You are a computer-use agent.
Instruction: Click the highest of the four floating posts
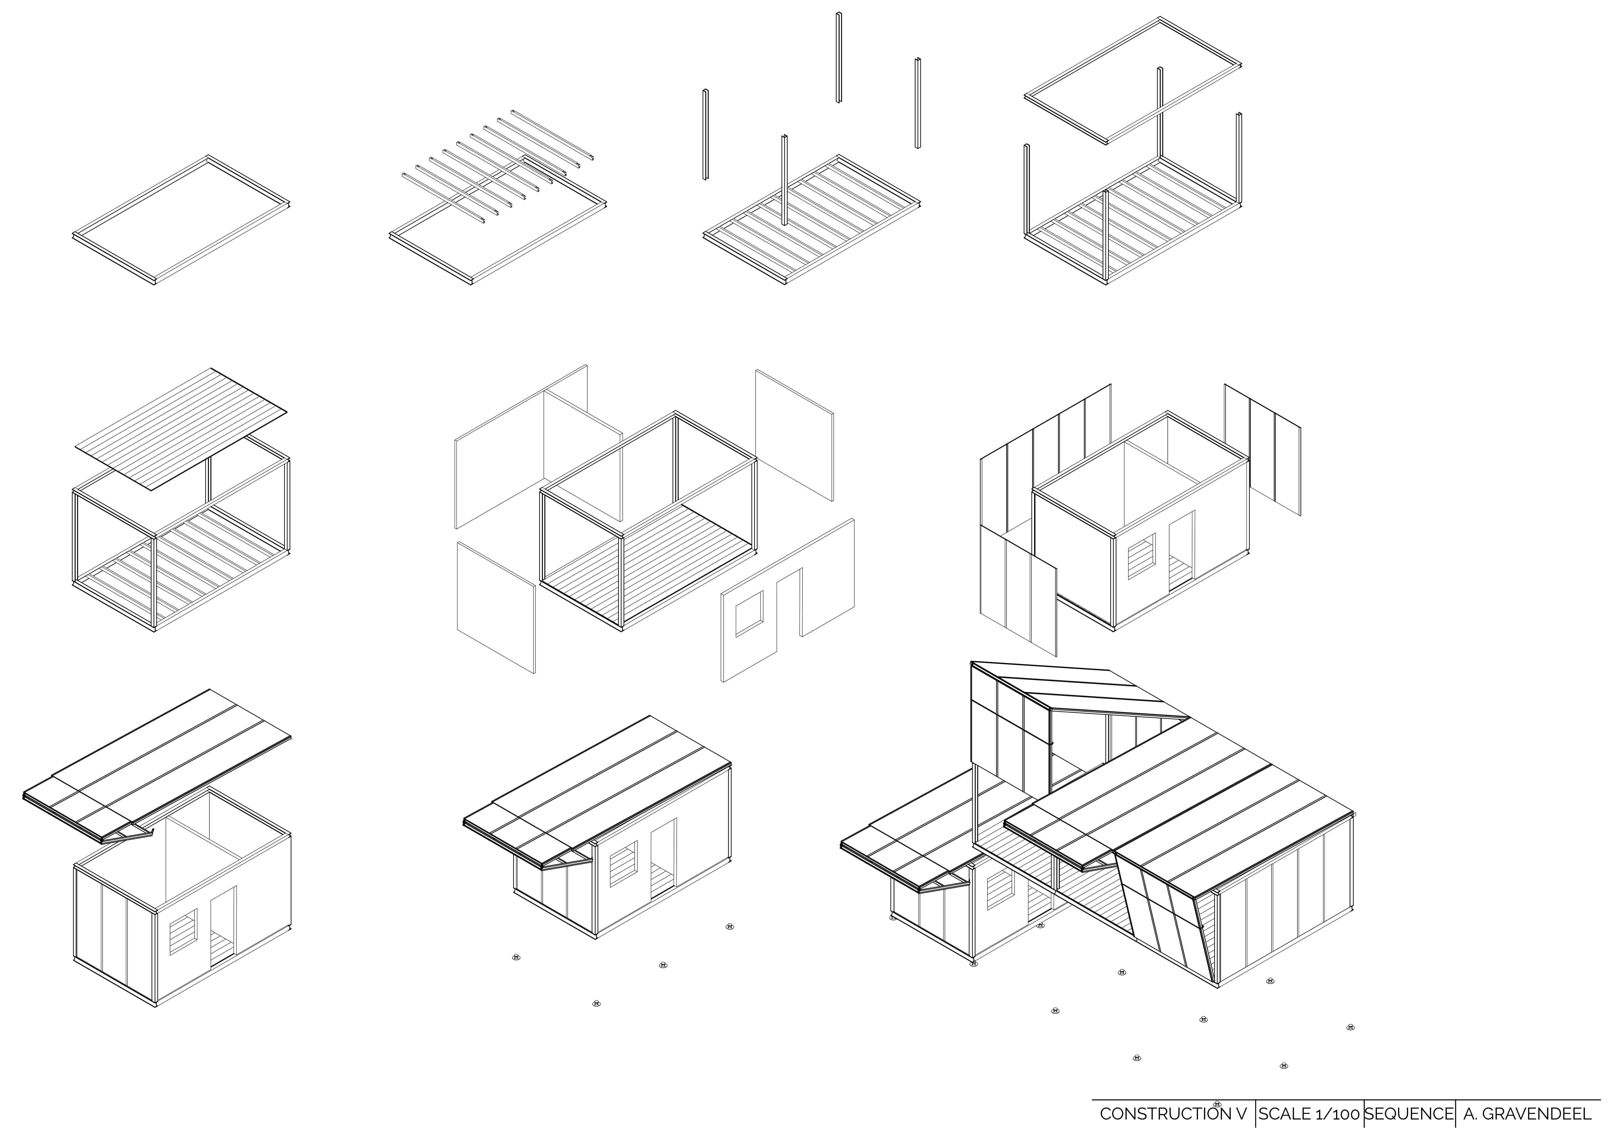click(839, 58)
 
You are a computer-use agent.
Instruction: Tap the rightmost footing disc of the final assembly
click(1350, 1028)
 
